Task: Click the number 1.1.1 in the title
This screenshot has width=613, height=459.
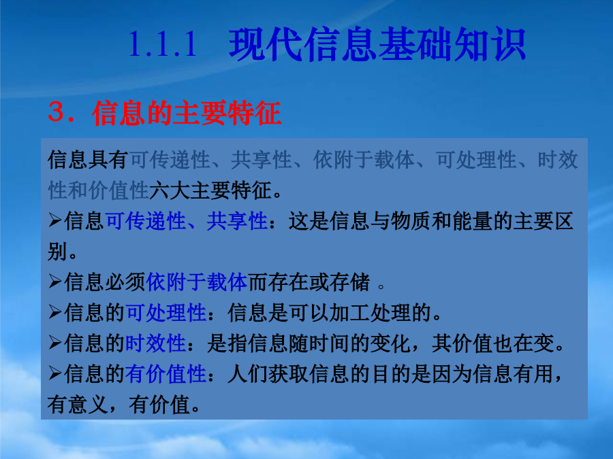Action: tap(163, 44)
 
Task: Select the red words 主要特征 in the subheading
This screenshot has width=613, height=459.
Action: tap(227, 113)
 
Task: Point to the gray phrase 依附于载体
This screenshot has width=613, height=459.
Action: tap(364, 160)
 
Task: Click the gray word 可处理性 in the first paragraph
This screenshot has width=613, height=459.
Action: tap(476, 160)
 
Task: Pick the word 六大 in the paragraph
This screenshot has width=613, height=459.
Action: tap(170, 190)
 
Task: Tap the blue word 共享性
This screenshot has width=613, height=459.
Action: tap(237, 221)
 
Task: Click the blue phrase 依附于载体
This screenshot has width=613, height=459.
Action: tap(197, 282)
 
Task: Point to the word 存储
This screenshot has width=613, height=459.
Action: tap(349, 282)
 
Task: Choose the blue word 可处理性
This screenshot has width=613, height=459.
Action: tap(166, 313)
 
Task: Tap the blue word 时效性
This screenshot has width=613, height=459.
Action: tap(155, 343)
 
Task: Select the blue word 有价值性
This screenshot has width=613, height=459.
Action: tap(166, 374)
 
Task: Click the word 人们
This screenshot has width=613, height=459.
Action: tap(247, 374)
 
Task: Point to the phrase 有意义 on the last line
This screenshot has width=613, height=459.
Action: tap(78, 405)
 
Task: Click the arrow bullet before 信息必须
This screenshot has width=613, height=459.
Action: tap(55, 282)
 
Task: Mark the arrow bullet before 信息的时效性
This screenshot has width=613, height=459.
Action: tap(55, 343)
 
